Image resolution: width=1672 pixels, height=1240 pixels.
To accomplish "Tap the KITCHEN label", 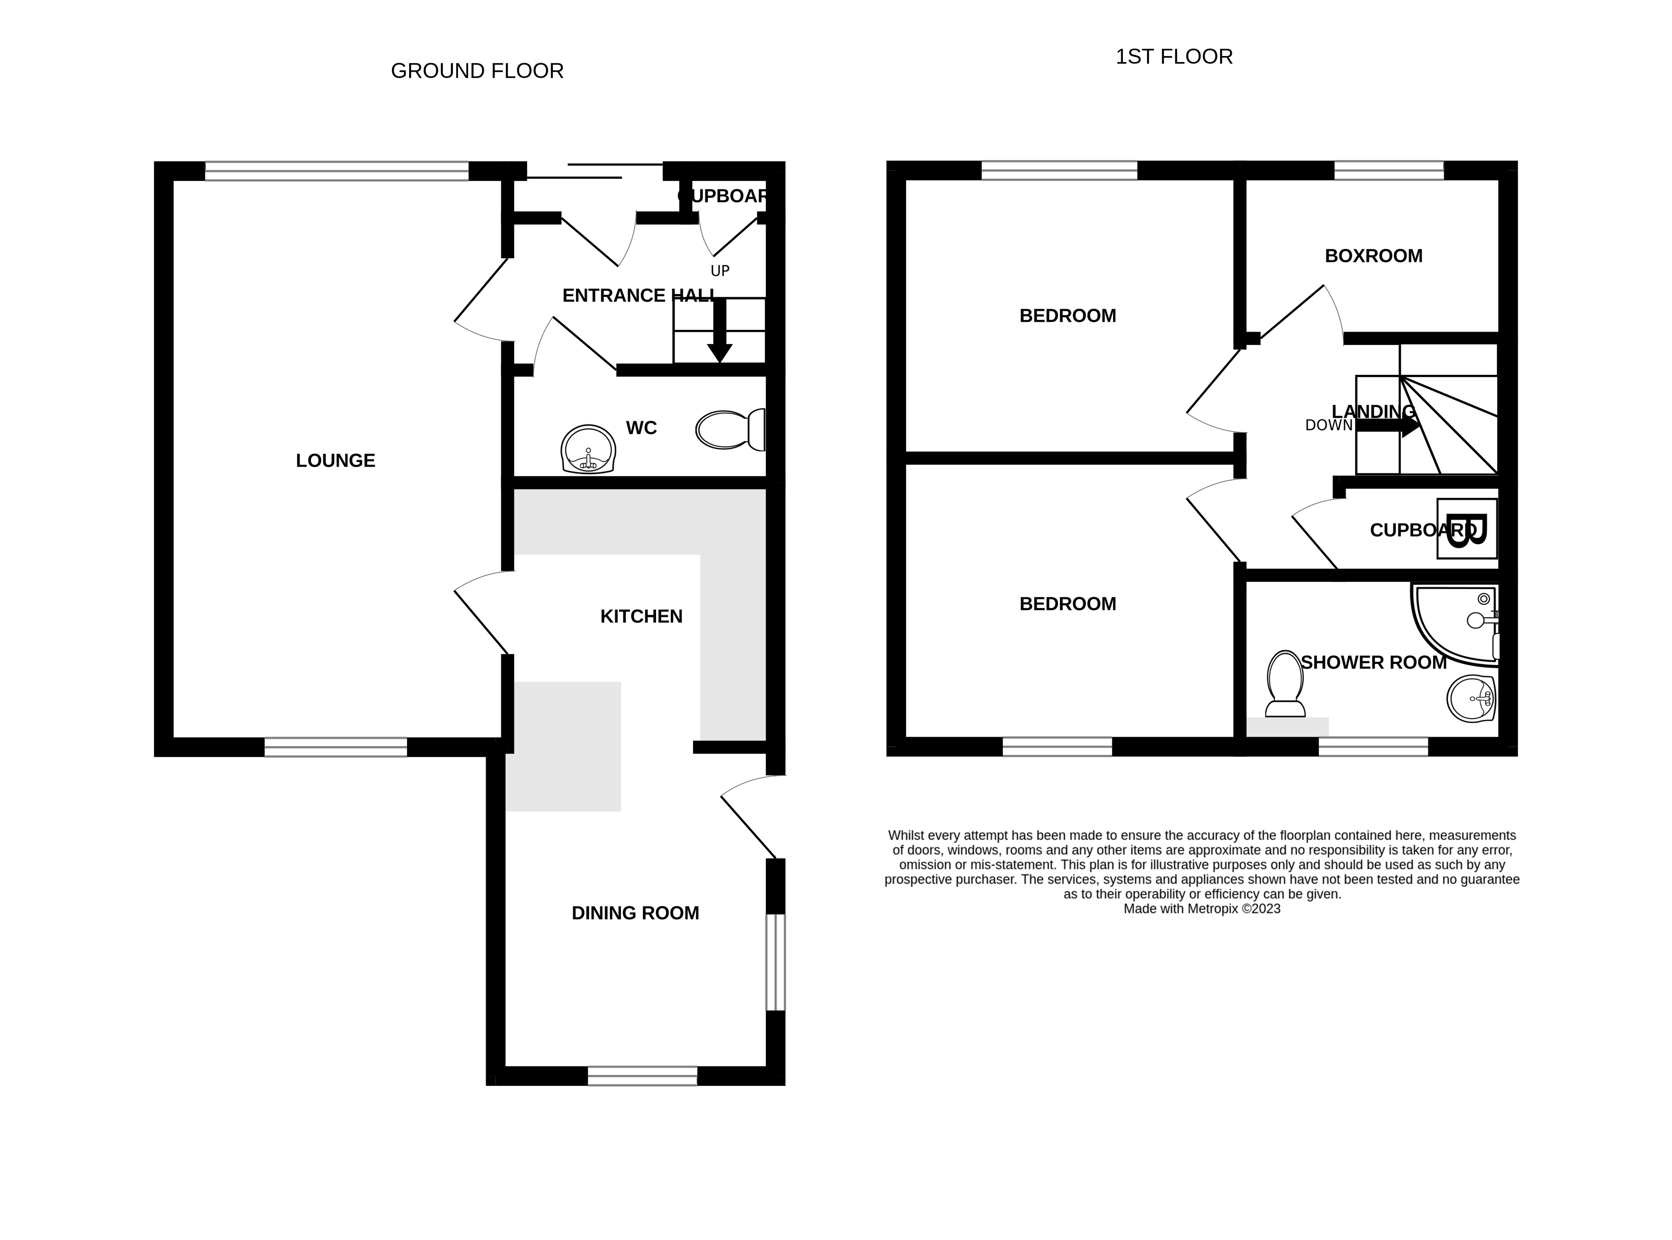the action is (x=642, y=616).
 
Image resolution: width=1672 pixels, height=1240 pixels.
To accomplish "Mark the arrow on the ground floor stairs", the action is (x=720, y=330).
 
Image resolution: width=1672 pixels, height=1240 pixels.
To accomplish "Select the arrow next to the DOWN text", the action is (x=1389, y=426).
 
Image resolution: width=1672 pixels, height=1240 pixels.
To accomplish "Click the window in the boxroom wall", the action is (x=1389, y=170).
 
